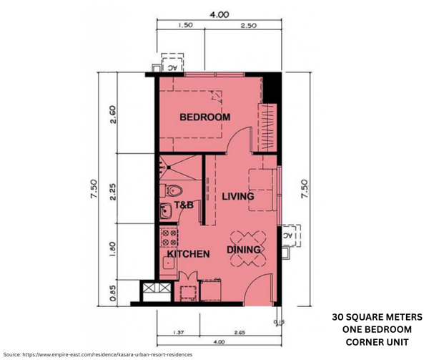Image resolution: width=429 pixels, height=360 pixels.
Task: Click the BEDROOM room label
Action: (x=204, y=117)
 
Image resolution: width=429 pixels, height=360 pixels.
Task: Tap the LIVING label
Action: (x=238, y=196)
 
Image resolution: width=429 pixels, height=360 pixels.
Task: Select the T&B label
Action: (x=184, y=205)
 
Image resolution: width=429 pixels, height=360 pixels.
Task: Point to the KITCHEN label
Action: (x=188, y=254)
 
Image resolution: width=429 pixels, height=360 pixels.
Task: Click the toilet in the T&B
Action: (x=174, y=191)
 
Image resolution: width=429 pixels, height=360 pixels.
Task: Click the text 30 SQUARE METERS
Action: (x=377, y=317)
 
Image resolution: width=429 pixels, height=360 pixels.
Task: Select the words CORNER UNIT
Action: (x=377, y=341)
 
